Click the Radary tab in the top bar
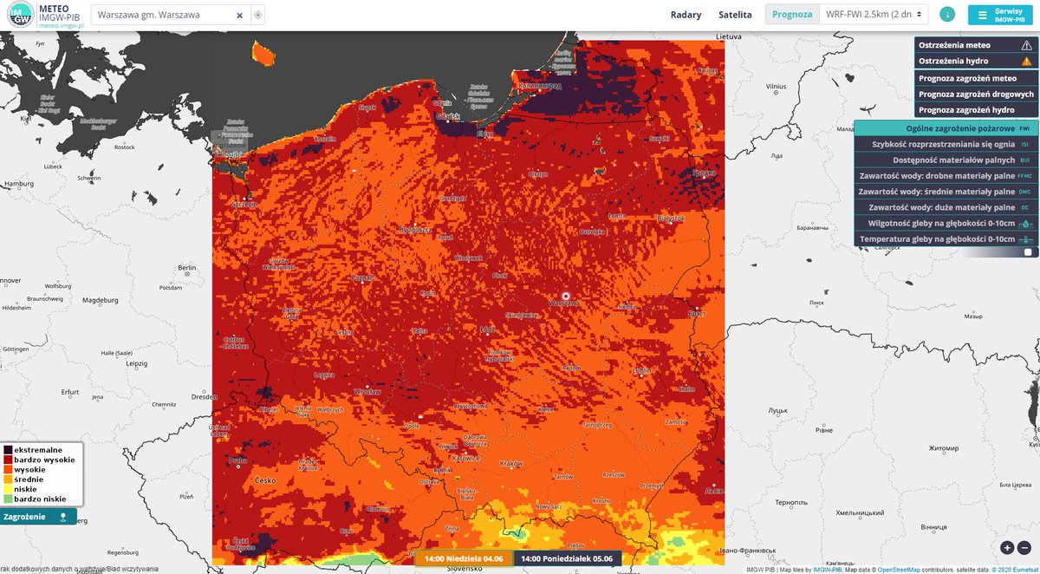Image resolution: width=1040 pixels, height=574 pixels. point(686,15)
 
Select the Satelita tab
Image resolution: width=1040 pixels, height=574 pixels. point(735,15)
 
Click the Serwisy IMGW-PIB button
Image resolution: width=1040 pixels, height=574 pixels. point(1003,15)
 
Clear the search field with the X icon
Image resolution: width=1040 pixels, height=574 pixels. point(240,16)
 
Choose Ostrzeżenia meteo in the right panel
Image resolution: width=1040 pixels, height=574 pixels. point(976,45)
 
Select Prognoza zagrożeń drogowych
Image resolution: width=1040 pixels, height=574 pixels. point(976,94)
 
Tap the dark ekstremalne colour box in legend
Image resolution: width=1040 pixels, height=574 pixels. point(8,450)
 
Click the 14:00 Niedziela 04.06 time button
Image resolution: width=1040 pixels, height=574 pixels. point(463,558)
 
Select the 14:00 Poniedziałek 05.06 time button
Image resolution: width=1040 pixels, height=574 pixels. point(567,558)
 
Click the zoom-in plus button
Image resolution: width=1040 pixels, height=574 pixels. point(1007,547)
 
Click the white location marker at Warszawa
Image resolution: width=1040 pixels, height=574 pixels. point(565,296)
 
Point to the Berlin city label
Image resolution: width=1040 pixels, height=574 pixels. point(186,269)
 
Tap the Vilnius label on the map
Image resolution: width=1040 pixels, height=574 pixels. point(776,87)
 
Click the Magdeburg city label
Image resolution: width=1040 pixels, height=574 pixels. point(100,300)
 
